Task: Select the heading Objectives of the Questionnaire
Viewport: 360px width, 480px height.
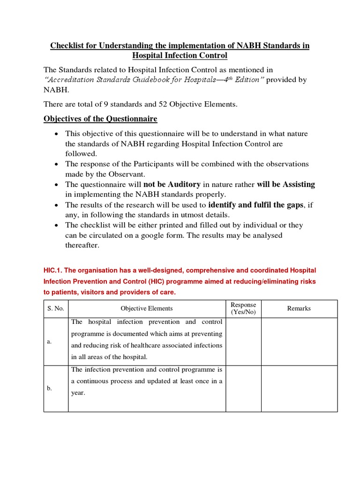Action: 100,119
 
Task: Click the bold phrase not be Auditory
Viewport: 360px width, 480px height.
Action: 172,184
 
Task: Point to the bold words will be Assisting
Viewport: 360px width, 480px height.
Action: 286,184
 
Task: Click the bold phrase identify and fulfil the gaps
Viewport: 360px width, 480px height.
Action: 256,205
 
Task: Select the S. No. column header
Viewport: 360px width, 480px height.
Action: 56,308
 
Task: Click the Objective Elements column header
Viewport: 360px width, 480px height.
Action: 147,308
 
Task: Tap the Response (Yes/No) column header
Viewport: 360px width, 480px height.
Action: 243,308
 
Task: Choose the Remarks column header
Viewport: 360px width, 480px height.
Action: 299,308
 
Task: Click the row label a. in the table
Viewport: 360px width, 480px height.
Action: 49,342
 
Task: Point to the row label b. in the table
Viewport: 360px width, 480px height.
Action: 49,389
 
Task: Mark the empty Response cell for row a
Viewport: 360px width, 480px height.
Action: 243,342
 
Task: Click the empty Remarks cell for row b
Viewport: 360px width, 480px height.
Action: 299,389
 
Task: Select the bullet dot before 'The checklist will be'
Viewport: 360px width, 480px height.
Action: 56,225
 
